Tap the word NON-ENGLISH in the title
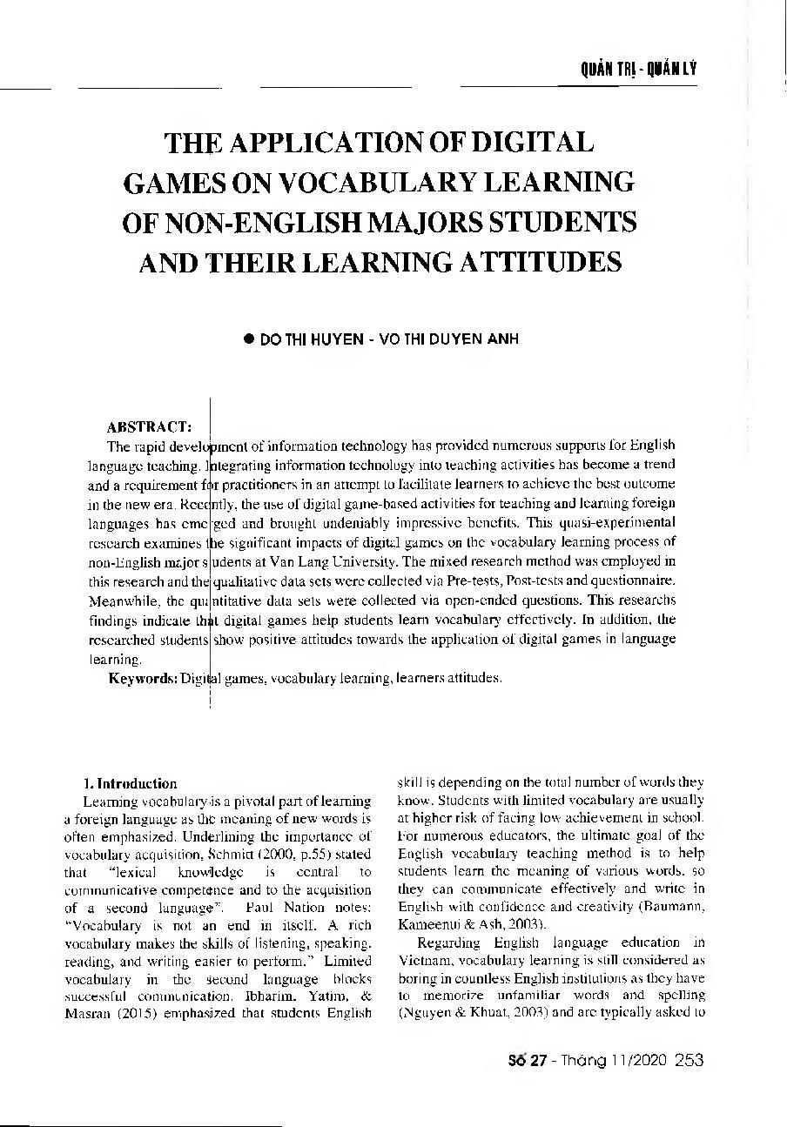(x=252, y=222)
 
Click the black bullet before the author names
(x=247, y=340)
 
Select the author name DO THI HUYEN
(x=309, y=340)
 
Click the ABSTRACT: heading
(x=149, y=427)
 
